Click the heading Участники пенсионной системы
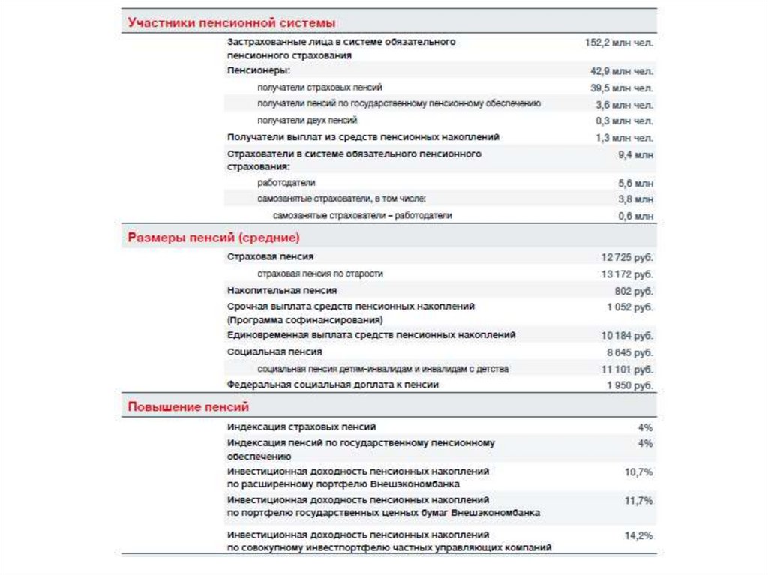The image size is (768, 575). click(x=231, y=23)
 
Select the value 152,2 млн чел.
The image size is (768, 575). click(x=619, y=43)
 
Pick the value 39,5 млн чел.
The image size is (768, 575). click(x=622, y=88)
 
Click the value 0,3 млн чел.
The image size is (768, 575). click(x=624, y=121)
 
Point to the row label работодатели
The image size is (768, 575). click(x=286, y=182)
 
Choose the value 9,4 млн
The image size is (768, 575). click(x=635, y=154)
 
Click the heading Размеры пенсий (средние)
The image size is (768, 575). click(x=214, y=238)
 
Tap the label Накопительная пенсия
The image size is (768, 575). click(x=281, y=290)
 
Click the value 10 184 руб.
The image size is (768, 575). click(x=627, y=335)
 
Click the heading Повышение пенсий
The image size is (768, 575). click(x=187, y=407)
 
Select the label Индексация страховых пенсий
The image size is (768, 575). click(x=301, y=427)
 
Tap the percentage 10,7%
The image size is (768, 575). click(x=638, y=472)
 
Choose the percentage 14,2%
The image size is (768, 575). click(x=638, y=536)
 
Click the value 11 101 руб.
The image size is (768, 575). click(x=627, y=370)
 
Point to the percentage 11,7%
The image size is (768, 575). click(x=638, y=500)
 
